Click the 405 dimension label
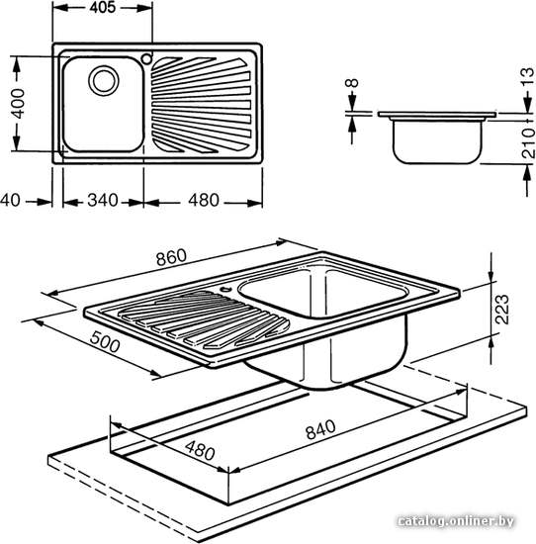click(102, 7)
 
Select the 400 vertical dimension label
click(18, 104)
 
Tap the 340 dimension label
click(103, 200)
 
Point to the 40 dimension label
click(10, 200)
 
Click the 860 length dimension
click(171, 256)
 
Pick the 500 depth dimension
click(105, 341)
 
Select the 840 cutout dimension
click(320, 429)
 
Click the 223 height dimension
click(502, 310)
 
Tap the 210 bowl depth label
click(528, 143)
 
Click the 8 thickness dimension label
click(352, 83)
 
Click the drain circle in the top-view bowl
click(104, 81)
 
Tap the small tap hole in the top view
click(146, 58)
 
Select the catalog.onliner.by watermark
click(456, 521)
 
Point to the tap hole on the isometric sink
click(226, 288)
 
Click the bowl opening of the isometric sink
click(322, 293)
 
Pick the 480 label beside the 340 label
click(204, 200)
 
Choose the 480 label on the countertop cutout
click(200, 450)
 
